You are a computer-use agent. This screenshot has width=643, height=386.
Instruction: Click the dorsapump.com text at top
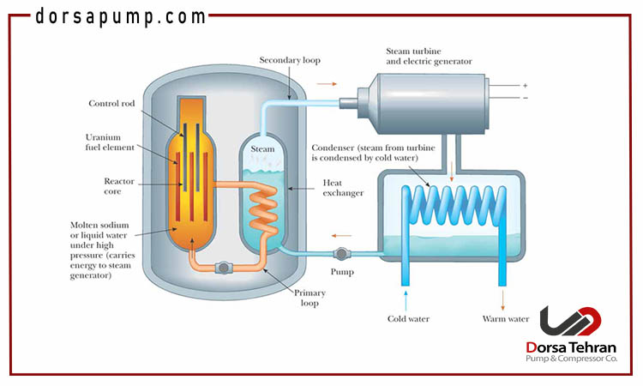click(x=120, y=16)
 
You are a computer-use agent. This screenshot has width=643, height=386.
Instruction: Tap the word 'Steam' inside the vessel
click(x=261, y=149)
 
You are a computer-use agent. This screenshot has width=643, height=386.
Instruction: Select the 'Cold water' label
click(x=408, y=319)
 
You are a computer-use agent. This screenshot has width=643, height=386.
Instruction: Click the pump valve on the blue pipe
click(x=340, y=254)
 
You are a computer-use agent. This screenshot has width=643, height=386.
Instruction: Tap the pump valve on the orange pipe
click(x=225, y=268)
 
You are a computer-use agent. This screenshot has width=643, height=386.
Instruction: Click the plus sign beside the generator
click(x=525, y=85)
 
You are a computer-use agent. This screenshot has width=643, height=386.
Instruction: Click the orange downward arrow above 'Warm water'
click(x=503, y=297)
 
